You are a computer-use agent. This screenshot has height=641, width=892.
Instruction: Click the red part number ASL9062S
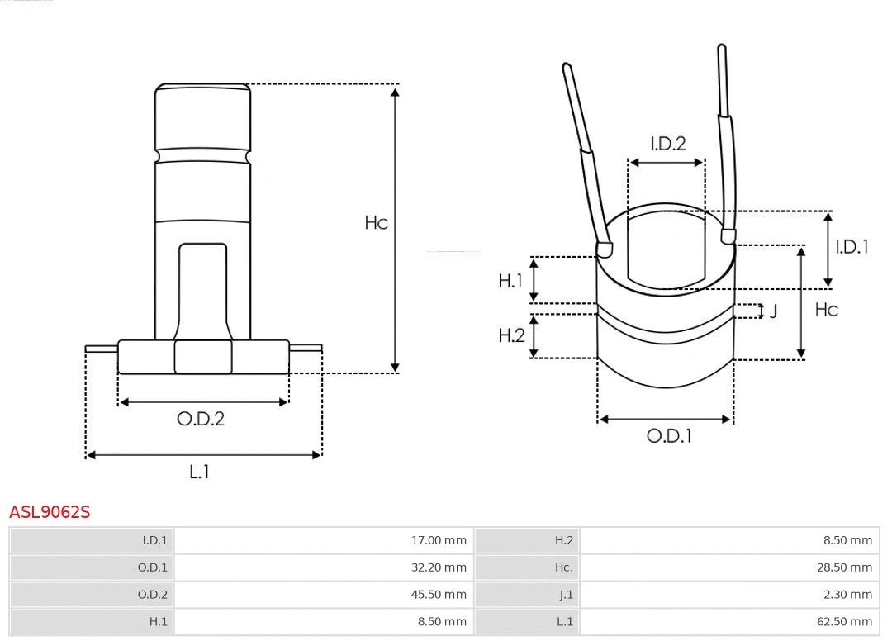point(50,512)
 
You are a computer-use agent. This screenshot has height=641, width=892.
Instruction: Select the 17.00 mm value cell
point(439,541)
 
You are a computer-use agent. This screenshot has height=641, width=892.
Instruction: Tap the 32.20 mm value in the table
point(439,567)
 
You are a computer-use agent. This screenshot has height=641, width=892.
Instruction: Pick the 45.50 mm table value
point(439,595)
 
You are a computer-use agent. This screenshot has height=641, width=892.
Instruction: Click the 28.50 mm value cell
point(844,567)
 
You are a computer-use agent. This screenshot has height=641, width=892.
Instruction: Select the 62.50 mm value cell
point(844,621)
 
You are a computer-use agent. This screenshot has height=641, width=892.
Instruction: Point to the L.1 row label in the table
point(564,621)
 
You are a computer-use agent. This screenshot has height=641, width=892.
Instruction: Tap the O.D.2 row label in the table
point(152,595)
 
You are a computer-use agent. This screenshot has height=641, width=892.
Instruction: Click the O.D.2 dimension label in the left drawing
point(200,419)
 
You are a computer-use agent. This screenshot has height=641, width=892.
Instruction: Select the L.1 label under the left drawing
point(199,472)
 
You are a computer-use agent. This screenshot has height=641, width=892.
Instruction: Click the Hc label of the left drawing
point(376,223)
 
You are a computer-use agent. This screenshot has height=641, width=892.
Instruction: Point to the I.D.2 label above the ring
point(667,144)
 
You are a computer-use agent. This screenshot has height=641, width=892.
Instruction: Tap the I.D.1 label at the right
point(852,246)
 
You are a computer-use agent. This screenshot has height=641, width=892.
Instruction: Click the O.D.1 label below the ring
point(668,436)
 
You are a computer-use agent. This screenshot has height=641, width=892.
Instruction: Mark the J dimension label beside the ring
point(773,311)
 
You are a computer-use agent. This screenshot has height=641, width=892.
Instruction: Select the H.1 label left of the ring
point(510,281)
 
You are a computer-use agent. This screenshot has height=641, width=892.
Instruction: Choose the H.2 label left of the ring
point(511,335)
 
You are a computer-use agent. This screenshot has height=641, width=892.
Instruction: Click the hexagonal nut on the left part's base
point(203,357)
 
